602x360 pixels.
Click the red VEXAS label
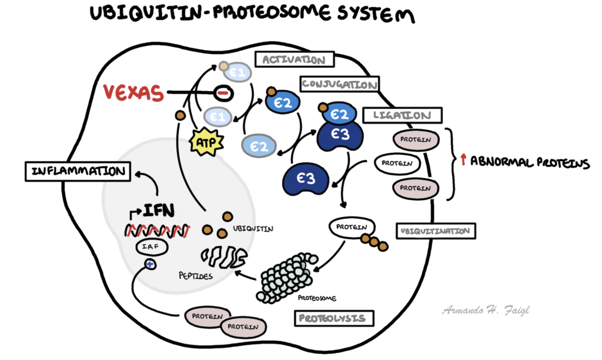point(133,93)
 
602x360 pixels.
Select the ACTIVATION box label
point(294,59)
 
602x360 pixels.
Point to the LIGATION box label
point(397,116)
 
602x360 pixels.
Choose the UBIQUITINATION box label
point(436,231)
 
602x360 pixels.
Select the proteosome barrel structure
point(288,276)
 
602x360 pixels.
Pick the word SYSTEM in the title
point(370,14)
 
